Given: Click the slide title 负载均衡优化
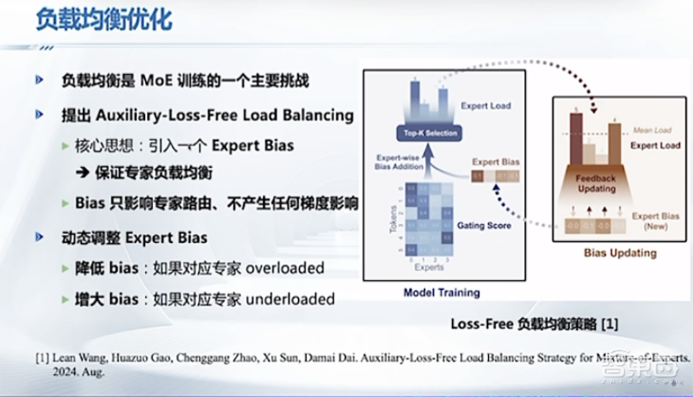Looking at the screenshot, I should click(104, 20).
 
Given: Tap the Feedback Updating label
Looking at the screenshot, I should click(595, 183).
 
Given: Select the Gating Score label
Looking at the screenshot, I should click(484, 225).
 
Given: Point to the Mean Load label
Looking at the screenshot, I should click(652, 130).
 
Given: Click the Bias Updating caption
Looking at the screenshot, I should click(620, 253).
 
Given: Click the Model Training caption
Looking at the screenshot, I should click(441, 292).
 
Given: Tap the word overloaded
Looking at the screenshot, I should click(285, 268).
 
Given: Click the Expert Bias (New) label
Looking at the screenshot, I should click(654, 221).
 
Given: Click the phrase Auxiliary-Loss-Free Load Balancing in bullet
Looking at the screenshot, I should click(225, 114).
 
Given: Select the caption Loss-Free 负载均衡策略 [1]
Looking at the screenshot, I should click(534, 324).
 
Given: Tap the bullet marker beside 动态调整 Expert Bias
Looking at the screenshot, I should click(40, 237).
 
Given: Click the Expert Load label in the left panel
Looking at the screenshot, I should click(485, 106).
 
